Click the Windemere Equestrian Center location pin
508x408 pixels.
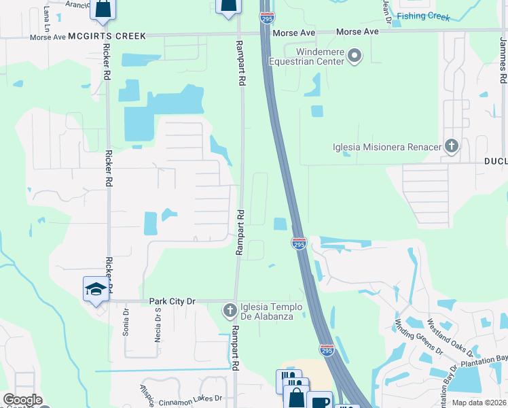355,56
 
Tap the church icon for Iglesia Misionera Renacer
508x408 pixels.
452,146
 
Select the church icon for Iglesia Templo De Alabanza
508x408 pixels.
230,311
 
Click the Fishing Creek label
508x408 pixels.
423,16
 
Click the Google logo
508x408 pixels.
22,400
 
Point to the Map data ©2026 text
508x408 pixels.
479,403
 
